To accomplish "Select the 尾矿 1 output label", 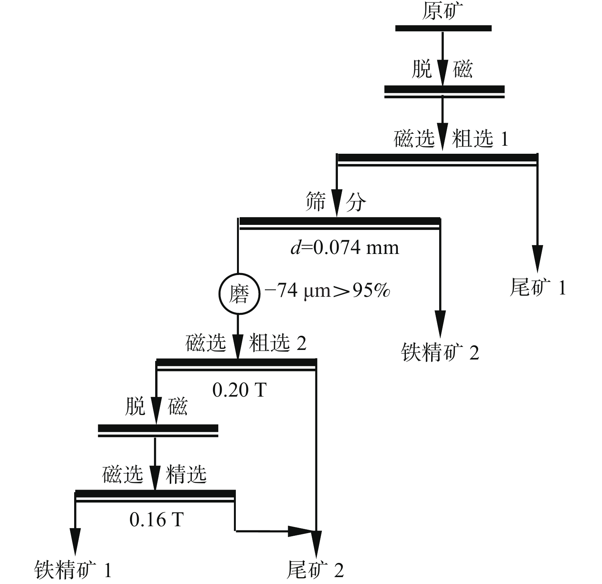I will click(x=538, y=287).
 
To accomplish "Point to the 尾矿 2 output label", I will click(x=315, y=570).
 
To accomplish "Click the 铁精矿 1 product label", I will click(x=73, y=570).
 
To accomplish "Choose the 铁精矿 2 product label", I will click(x=440, y=352).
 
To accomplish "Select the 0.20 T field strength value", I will click(x=239, y=390).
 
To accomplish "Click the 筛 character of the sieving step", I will click(x=316, y=202).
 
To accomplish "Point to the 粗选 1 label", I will click(x=480, y=138).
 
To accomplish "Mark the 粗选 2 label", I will click(x=278, y=343).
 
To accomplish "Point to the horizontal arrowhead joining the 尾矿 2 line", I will click(x=300, y=531).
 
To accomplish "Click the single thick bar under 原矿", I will click(x=443, y=28).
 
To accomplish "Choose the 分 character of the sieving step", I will click(x=356, y=202).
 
